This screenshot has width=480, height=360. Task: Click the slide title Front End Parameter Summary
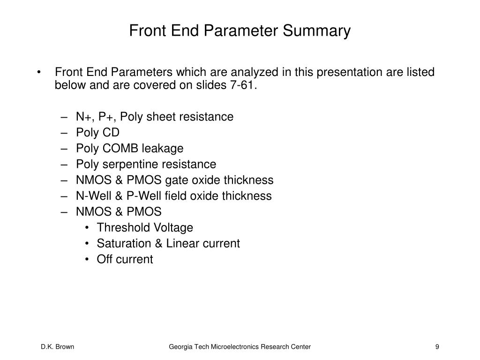tap(240, 31)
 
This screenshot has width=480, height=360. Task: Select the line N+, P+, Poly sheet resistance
tap(154, 117)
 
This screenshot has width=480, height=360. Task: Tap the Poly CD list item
tap(97, 133)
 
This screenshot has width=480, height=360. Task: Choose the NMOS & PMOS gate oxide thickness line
tap(174, 180)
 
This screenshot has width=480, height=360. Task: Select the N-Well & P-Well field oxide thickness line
tap(173, 196)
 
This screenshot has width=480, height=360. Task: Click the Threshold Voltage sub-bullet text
tap(144, 228)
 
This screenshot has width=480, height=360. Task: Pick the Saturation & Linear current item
tap(168, 243)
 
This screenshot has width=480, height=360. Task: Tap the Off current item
tap(125, 259)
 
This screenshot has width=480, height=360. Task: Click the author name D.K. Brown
tap(57, 347)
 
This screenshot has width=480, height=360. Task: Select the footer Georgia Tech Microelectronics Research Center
tap(240, 347)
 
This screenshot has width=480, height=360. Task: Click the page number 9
tap(437, 347)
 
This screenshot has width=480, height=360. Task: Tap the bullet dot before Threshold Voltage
tap(88, 228)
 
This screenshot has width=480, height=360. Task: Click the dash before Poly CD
tap(64, 133)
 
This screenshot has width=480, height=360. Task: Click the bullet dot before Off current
tap(88, 259)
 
